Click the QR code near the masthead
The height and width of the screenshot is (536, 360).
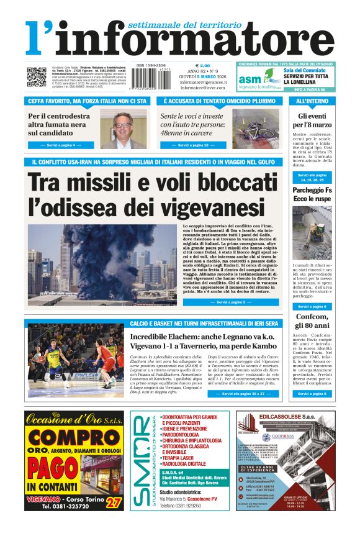pyautogui.click(x=36, y=77)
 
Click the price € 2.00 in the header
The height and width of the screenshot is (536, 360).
pyautogui.click(x=202, y=65)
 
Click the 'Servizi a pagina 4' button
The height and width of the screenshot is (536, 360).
pyautogui.click(x=61, y=145)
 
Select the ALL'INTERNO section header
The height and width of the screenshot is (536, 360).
pyautogui.click(x=312, y=101)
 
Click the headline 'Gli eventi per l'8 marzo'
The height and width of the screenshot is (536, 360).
pyautogui.click(x=312, y=120)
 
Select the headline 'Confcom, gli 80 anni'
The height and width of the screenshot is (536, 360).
pyautogui.click(x=312, y=321)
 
